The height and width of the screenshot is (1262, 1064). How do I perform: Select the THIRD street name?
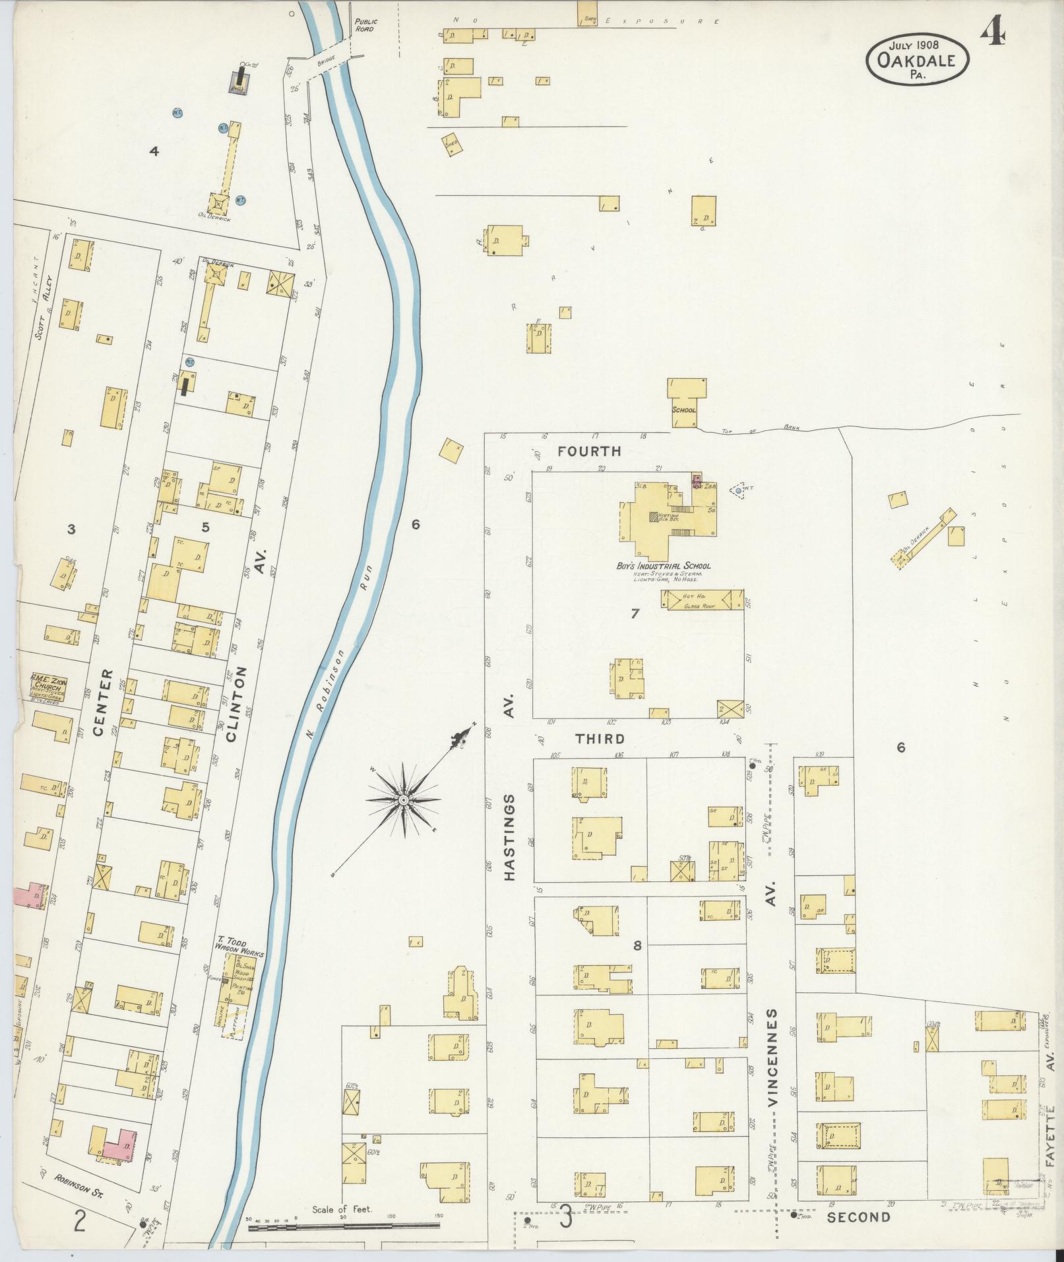pyautogui.click(x=600, y=739)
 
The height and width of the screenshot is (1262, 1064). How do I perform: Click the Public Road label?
pyautogui.click(x=365, y=25)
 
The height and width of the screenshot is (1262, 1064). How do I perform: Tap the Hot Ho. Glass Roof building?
pyautogui.click(x=702, y=599)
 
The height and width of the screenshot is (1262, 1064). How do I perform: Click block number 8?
pyautogui.click(x=637, y=945)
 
